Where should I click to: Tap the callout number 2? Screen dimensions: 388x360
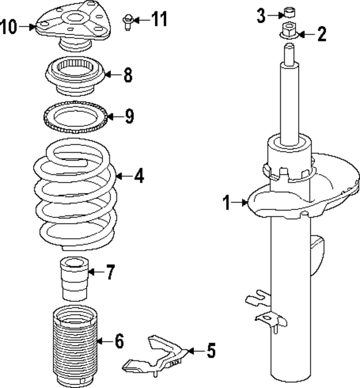pyautogui.click(x=321, y=34)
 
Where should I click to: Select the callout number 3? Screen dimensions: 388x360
pyautogui.click(x=262, y=15)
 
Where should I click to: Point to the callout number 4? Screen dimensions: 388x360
pyautogui.click(x=138, y=176)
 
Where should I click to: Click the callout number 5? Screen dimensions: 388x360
pyautogui.click(x=210, y=351)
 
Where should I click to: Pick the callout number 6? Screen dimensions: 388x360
pyautogui.click(x=118, y=340)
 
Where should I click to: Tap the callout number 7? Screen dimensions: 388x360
pyautogui.click(x=110, y=273)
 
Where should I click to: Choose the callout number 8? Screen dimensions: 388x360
pyautogui.click(x=128, y=75)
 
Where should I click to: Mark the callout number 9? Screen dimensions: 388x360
pyautogui.click(x=129, y=117)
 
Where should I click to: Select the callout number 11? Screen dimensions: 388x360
pyautogui.click(x=160, y=20)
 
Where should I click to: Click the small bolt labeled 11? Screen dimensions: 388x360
pyautogui.click(x=127, y=23)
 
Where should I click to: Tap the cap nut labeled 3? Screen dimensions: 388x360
pyautogui.click(x=289, y=12)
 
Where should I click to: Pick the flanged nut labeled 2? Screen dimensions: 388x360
pyautogui.click(x=287, y=32)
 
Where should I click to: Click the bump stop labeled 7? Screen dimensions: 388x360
pyautogui.click(x=73, y=278)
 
